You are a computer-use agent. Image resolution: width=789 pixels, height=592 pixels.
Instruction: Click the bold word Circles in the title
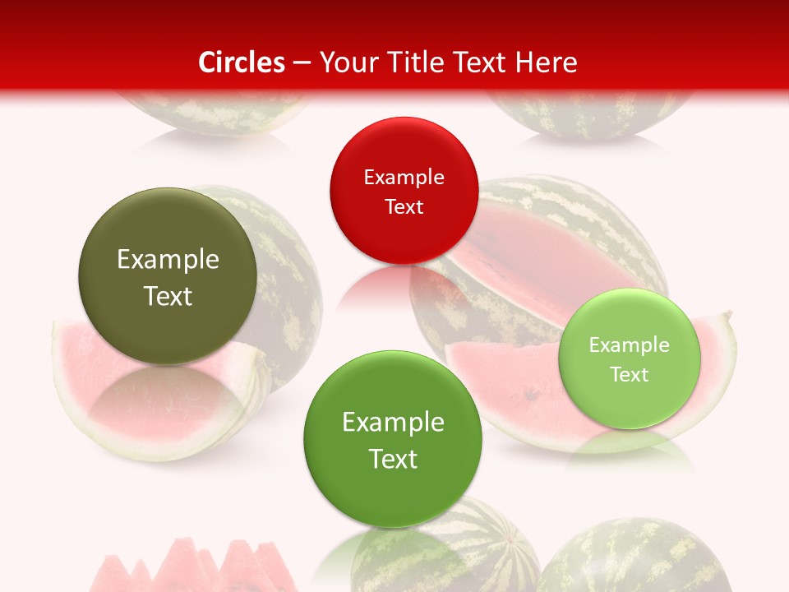point(242,62)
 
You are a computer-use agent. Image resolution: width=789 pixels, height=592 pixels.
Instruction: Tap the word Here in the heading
point(547,62)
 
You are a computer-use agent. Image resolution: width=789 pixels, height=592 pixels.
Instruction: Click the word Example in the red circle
point(404,178)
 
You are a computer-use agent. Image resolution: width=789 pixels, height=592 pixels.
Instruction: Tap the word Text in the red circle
point(404,206)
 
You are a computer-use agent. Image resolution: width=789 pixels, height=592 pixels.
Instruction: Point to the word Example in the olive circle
point(168,260)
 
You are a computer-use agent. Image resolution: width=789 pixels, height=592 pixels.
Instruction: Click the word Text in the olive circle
point(168,296)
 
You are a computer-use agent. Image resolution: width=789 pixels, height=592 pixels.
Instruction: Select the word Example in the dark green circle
point(393,423)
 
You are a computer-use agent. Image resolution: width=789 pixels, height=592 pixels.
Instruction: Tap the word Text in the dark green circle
point(393,459)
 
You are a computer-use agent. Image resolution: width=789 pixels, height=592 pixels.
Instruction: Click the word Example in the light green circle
point(629,345)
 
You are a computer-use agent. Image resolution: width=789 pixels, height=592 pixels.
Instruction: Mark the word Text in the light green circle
point(629,374)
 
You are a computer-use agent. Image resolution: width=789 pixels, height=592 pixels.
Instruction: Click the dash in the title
point(302,62)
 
